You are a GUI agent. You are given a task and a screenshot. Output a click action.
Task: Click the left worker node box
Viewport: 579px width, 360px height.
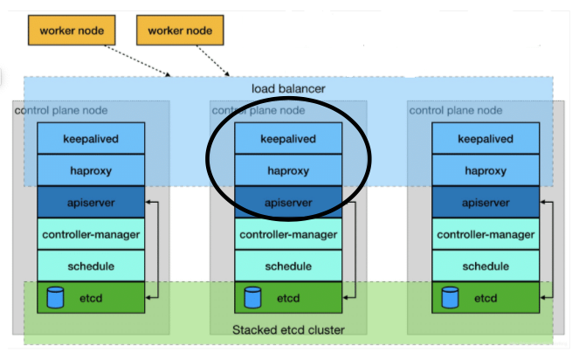[x=72, y=31]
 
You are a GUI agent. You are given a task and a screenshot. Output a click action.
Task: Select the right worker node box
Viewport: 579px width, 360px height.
[x=180, y=31]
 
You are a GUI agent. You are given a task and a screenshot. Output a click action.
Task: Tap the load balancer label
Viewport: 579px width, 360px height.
[x=288, y=89]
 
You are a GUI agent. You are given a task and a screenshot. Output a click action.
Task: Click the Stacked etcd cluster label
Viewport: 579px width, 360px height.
[x=288, y=329]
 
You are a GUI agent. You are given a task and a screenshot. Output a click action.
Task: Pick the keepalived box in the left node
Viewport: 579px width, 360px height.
[x=91, y=139]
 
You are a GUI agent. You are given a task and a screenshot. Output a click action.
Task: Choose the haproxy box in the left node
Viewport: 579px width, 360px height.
[x=91, y=170]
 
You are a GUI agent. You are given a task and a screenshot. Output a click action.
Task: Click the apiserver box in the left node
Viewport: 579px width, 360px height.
[x=91, y=202]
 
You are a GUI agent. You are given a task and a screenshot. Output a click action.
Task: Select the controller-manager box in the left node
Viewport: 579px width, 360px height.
[x=91, y=234]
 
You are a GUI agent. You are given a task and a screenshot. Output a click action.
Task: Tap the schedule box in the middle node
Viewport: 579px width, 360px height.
[x=288, y=266]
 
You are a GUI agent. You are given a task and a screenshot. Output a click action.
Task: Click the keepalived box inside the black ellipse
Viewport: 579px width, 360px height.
[x=288, y=139]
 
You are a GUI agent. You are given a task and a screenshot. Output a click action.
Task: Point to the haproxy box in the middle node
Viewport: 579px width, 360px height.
[x=288, y=170]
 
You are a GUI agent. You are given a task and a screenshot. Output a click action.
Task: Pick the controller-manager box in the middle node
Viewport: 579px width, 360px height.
[x=288, y=234]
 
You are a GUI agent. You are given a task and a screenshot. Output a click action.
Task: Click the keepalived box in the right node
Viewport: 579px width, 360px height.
[x=486, y=139]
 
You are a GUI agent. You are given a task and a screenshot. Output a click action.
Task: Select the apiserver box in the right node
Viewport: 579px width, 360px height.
[x=486, y=202]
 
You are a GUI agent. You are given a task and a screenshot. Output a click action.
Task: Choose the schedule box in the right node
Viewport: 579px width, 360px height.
[x=486, y=266]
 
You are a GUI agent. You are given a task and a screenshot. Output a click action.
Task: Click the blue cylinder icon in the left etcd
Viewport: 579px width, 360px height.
[x=55, y=298]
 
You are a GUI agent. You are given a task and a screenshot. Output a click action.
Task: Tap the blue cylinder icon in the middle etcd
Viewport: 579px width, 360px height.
[x=252, y=298]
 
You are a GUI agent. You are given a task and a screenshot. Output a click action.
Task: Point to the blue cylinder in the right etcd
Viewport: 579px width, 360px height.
[x=450, y=298]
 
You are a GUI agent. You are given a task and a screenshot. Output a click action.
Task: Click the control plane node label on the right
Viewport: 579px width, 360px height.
[x=456, y=110]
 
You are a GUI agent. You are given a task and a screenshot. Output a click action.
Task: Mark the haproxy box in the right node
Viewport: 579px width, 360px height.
[x=486, y=170]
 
